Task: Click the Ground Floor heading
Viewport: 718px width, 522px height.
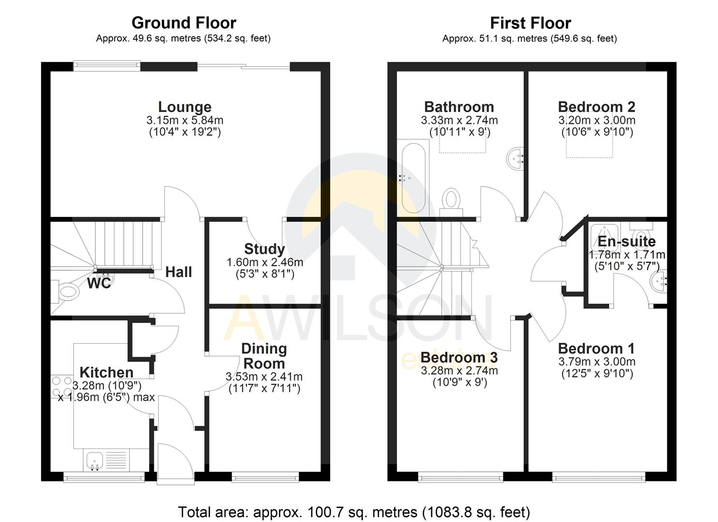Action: point(184,23)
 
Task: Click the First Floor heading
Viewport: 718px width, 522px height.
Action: point(530,23)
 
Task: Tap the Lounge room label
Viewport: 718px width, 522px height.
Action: point(185,107)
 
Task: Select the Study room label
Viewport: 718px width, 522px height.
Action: point(264,249)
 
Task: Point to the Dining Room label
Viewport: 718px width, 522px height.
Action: point(264,356)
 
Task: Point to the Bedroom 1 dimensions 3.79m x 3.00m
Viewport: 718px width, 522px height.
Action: point(597,362)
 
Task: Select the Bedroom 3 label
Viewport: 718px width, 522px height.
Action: point(459,357)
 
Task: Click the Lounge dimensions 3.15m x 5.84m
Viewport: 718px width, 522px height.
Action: point(185,120)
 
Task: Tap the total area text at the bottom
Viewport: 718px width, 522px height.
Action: point(354,512)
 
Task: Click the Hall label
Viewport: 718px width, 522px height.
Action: point(178,272)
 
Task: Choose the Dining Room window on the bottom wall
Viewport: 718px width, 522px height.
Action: point(265,478)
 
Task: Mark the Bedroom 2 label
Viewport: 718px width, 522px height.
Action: point(596,107)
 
